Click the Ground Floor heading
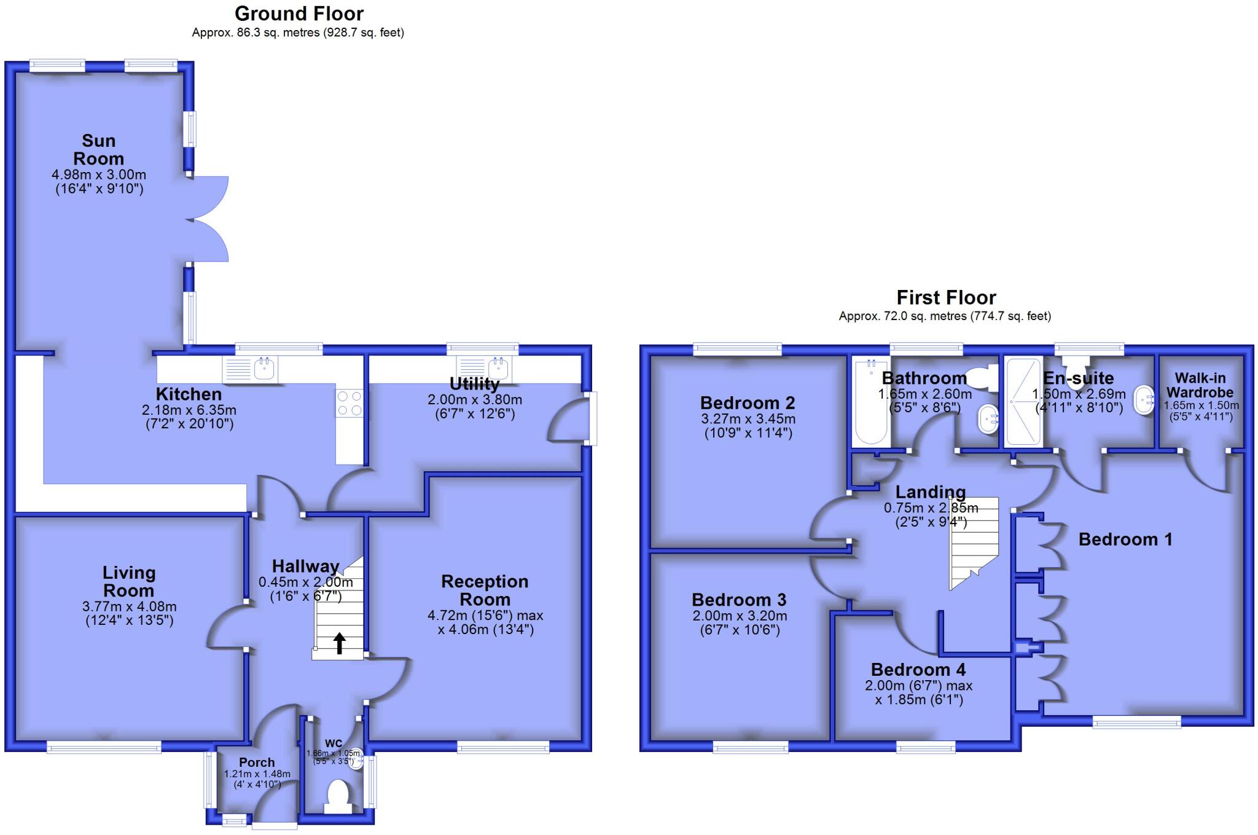(x=299, y=14)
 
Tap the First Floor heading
(x=945, y=298)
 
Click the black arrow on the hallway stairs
(x=339, y=643)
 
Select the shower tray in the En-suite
(x=1023, y=402)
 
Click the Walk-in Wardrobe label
(x=1200, y=385)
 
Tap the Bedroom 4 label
(x=918, y=670)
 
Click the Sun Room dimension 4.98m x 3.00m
(x=99, y=175)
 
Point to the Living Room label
(x=128, y=581)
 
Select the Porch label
(x=257, y=762)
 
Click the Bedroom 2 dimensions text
(x=748, y=426)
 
